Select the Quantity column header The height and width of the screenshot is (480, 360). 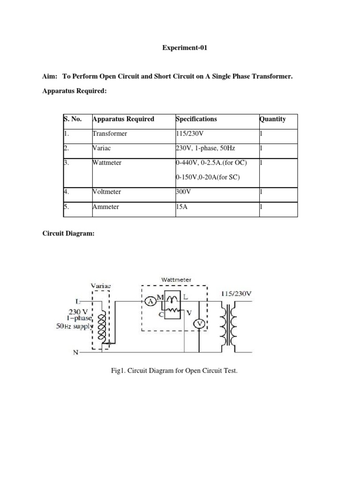(x=273, y=119)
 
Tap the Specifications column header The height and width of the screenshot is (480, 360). (x=196, y=119)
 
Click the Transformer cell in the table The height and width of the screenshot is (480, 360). (x=110, y=134)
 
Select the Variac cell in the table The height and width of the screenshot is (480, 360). (x=103, y=148)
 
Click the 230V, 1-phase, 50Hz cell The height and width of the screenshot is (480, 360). (x=205, y=148)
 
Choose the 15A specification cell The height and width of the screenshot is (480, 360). (x=180, y=207)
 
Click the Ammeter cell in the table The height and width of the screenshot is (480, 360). (x=106, y=207)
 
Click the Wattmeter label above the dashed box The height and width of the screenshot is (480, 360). (x=176, y=280)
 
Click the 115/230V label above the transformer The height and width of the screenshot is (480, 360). (x=236, y=294)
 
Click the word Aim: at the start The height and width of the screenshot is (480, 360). (x=49, y=76)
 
